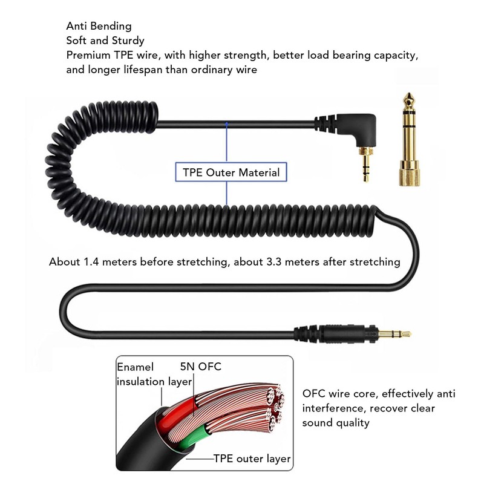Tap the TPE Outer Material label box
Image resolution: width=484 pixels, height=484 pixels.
(231, 173)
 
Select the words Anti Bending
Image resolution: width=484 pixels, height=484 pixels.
(99, 27)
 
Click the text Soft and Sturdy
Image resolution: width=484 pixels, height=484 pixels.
(105, 41)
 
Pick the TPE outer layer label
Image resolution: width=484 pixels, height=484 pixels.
(252, 459)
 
